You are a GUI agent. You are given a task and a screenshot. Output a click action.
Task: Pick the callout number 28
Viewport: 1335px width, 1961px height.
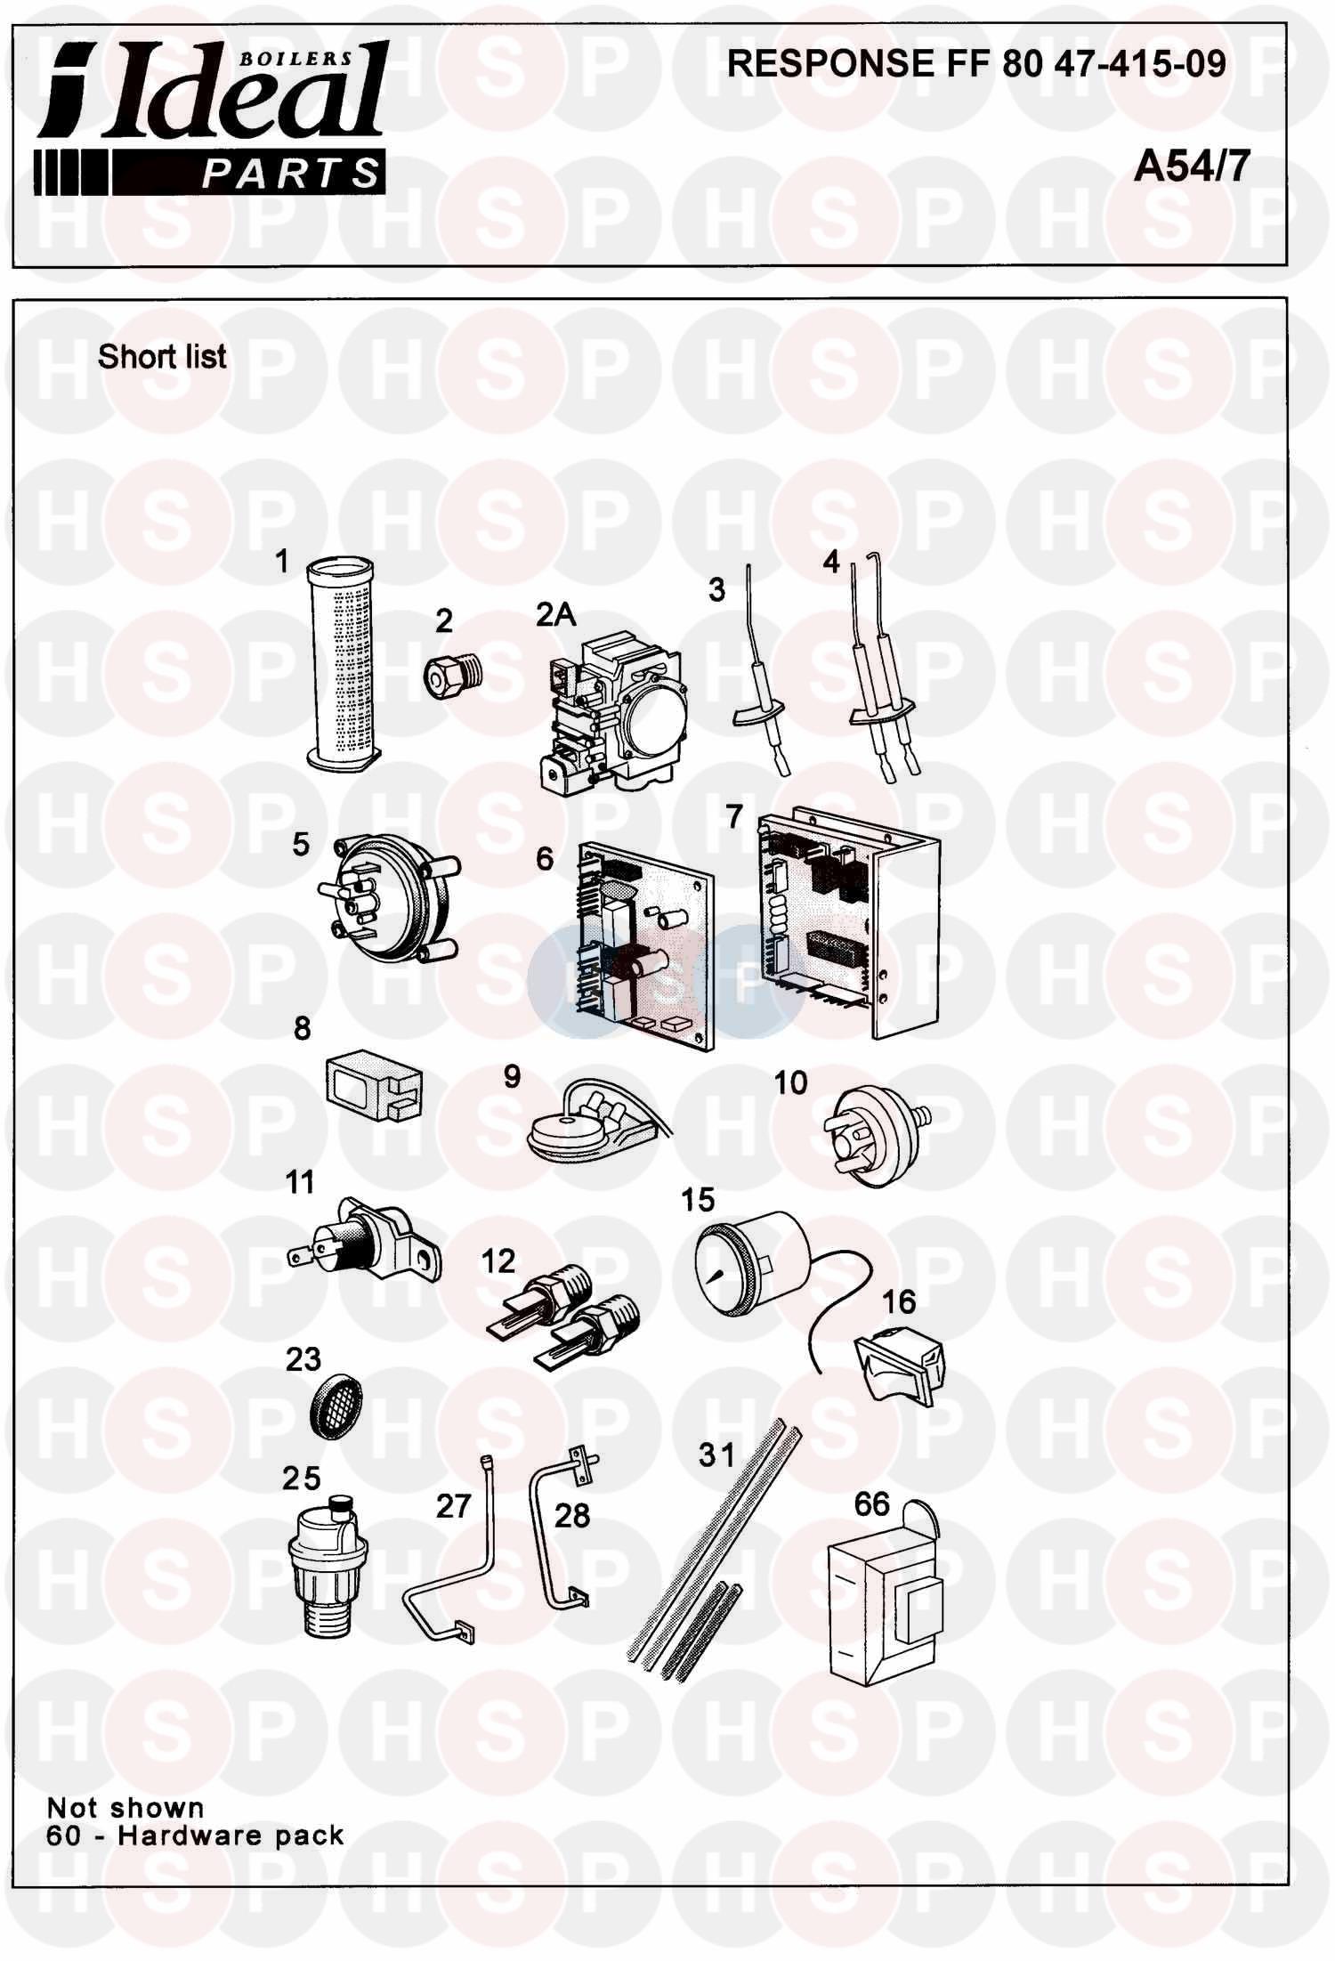571,1515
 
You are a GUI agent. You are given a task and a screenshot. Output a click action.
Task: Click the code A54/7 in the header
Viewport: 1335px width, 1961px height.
1192,166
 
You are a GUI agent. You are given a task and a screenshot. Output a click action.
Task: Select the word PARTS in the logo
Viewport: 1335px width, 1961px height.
290,174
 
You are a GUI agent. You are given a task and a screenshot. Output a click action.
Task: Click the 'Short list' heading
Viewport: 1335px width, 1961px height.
162,357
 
